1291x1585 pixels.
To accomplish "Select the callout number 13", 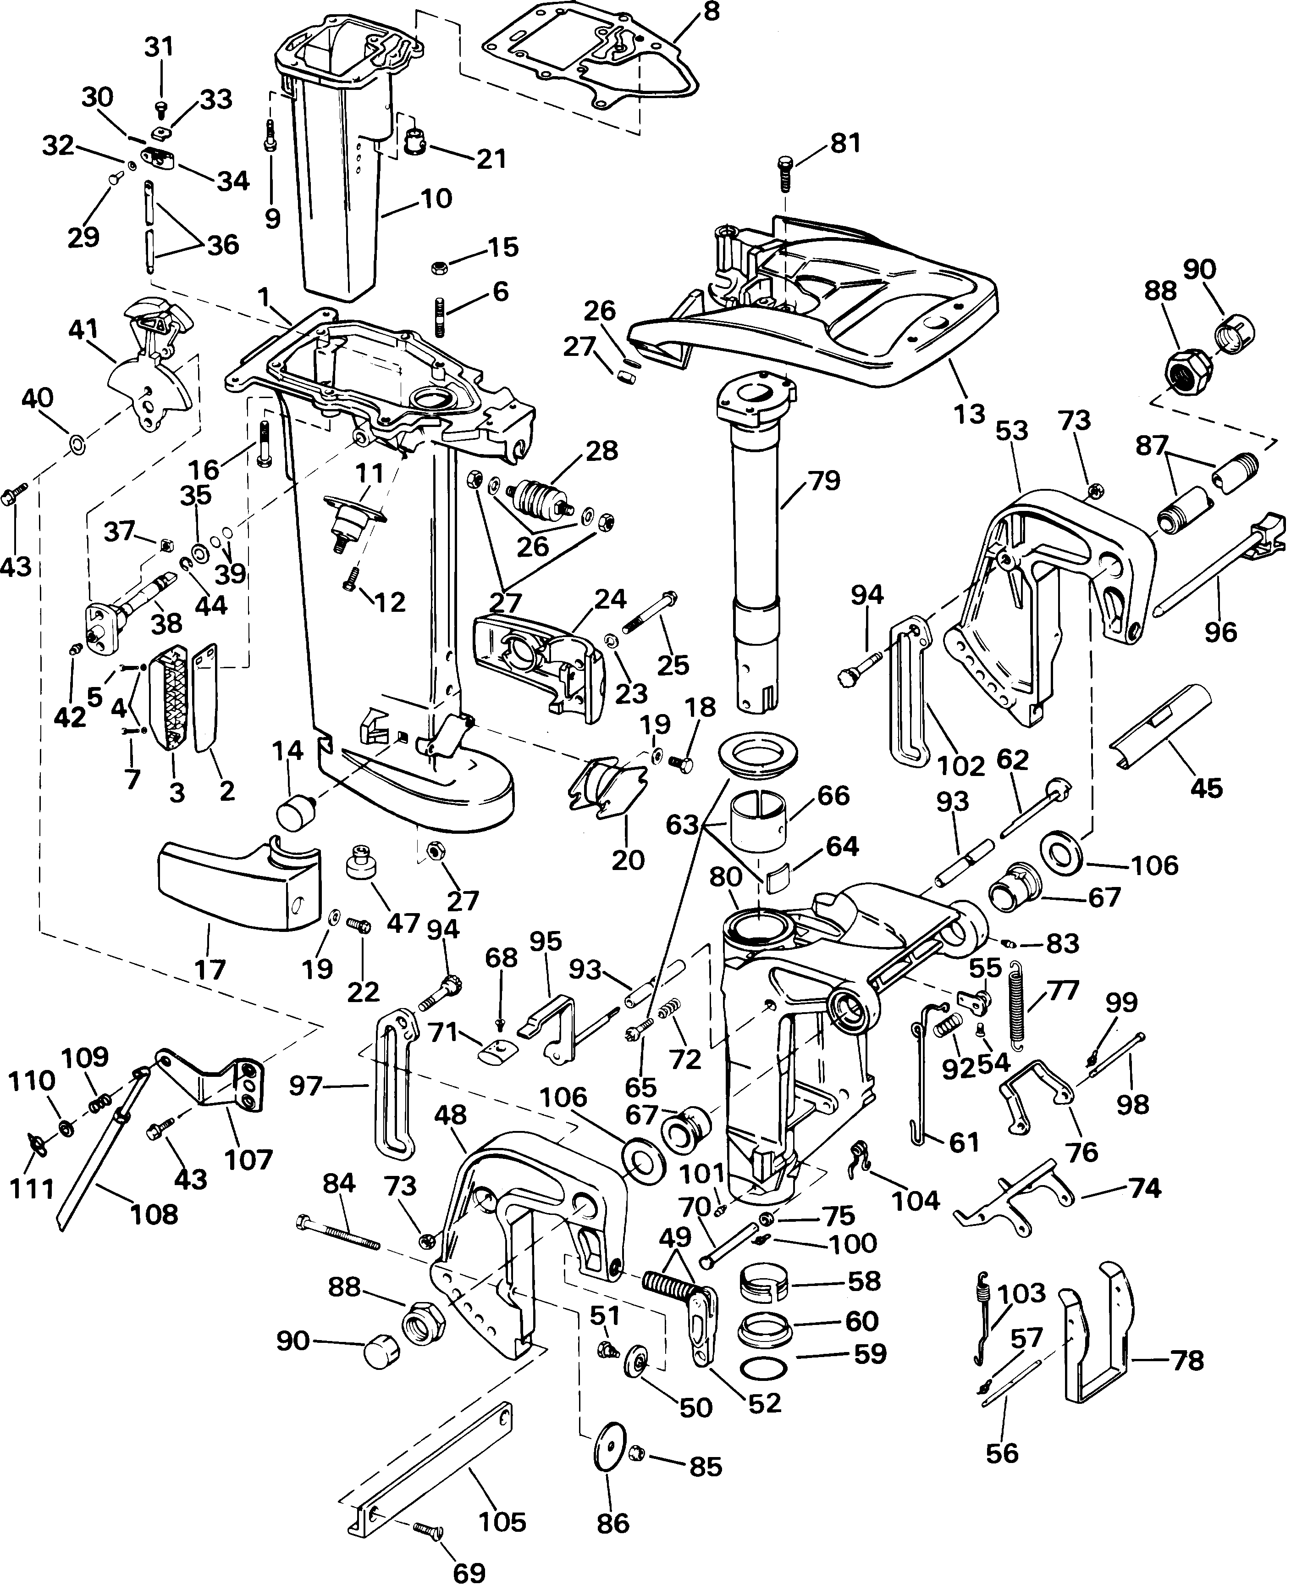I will pos(969,414).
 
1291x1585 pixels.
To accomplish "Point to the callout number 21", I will pos(491,158).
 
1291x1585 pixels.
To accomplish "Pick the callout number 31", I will pos(159,47).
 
